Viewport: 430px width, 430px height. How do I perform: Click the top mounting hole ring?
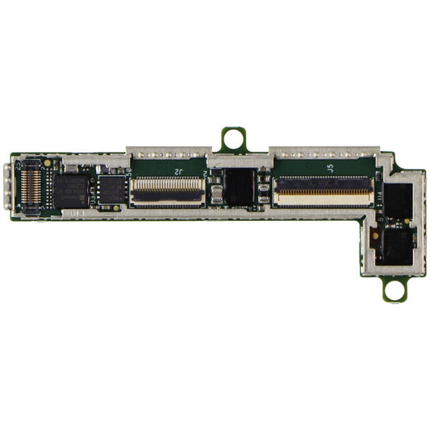click(x=234, y=139)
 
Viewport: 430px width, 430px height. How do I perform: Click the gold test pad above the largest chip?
click(x=48, y=162)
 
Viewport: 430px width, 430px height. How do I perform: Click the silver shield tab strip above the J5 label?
click(x=323, y=152)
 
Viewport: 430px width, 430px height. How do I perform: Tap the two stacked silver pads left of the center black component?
click(x=215, y=194)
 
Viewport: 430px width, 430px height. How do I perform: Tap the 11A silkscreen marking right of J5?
click(x=379, y=196)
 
